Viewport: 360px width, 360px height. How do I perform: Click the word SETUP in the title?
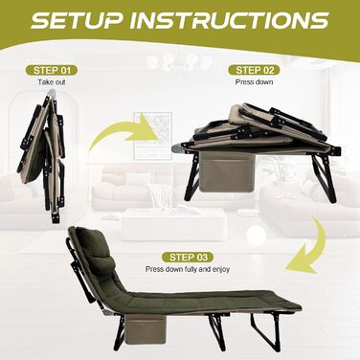(x=78, y=20)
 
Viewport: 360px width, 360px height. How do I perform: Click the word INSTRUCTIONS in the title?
(x=230, y=20)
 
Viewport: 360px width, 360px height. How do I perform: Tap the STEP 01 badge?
(x=52, y=70)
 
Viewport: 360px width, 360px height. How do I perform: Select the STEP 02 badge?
(x=254, y=70)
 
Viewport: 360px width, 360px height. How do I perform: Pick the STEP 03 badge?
(x=188, y=258)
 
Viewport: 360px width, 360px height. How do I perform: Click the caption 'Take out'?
(x=52, y=82)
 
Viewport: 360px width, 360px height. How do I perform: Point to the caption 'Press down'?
(x=254, y=82)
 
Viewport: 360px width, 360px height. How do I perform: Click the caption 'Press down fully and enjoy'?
(x=188, y=269)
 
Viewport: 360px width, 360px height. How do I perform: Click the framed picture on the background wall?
(x=153, y=135)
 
